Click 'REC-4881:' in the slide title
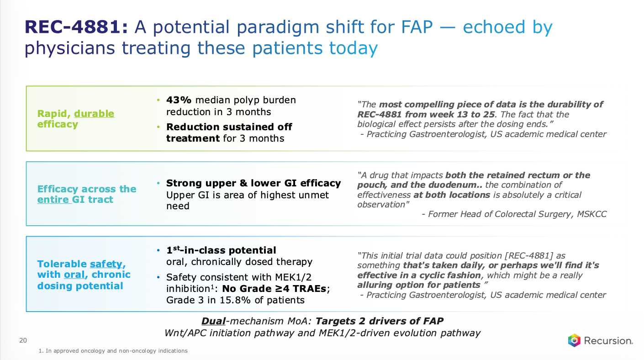coord(76,27)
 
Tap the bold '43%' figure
coord(179,100)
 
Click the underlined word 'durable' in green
coord(94,114)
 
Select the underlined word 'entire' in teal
coord(53,199)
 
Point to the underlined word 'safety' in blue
coord(106,264)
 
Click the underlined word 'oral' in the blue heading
coord(74,275)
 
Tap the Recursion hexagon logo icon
coord(574,340)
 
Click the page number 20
coord(23,340)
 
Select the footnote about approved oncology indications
coord(113,351)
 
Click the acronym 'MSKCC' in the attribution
coord(591,214)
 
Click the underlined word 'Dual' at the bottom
coord(213,321)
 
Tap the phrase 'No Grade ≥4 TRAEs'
coord(274,288)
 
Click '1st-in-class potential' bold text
coord(221,250)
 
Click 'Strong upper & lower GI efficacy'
coord(253,183)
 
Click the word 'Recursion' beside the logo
coord(608,341)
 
